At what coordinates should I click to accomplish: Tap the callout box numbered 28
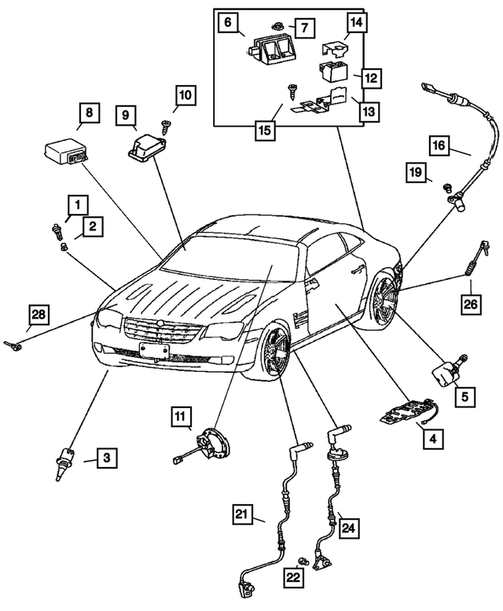coord(39,315)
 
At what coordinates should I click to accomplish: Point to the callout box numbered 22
coord(294,576)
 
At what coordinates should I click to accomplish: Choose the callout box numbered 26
coord(469,304)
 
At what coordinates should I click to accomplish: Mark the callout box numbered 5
coord(464,396)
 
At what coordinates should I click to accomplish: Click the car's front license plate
coord(154,349)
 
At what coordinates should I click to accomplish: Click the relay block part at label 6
coord(272,52)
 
